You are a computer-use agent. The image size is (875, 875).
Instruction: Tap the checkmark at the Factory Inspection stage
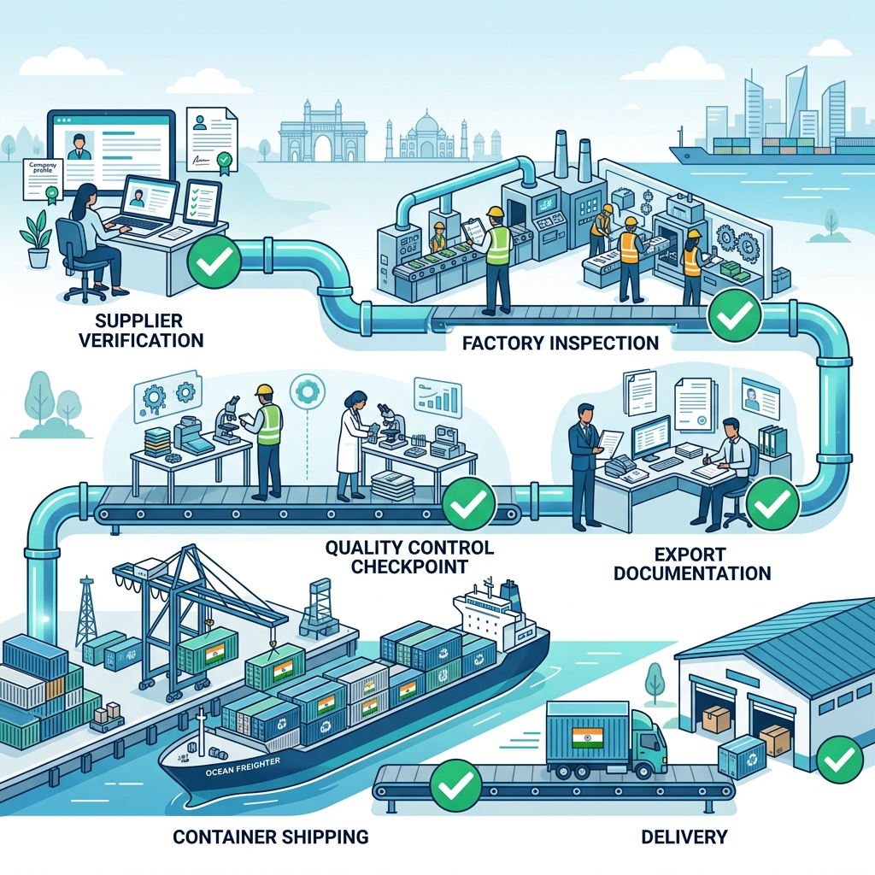[x=735, y=315]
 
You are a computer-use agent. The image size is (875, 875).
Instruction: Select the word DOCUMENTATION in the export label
[x=692, y=573]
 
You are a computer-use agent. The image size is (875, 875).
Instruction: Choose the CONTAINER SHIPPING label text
[x=270, y=837]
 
